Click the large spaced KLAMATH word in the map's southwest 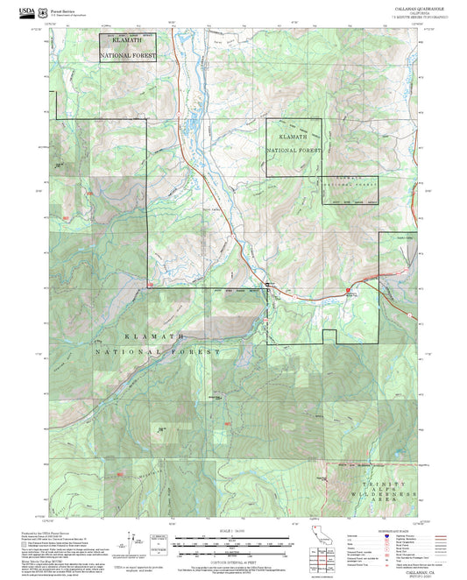tap(153, 336)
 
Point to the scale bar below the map tap(232, 541)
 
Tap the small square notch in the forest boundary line tap(329, 336)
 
